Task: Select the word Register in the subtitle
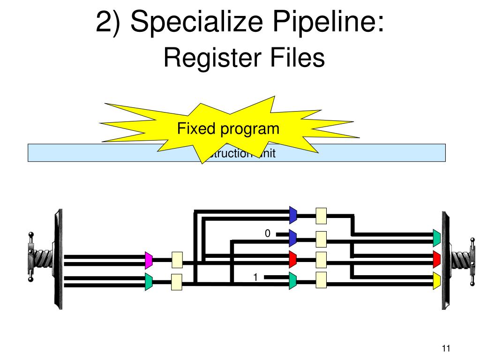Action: (x=209, y=59)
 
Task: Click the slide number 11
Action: (x=446, y=348)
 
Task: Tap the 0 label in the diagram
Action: (x=268, y=233)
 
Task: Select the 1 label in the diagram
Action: (x=255, y=277)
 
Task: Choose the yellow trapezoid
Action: (x=436, y=280)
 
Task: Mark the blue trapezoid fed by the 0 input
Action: (x=293, y=238)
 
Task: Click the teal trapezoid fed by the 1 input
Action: (x=293, y=280)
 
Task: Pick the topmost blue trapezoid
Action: (x=293, y=216)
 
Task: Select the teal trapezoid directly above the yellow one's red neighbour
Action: (x=436, y=238)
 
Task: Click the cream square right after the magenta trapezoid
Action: (x=177, y=259)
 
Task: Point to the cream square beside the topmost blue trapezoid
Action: (x=321, y=216)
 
